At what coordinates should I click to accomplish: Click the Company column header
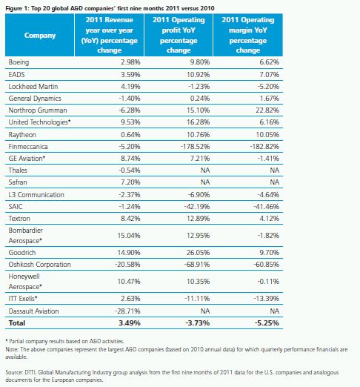[40, 36]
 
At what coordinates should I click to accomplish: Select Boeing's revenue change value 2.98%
[130, 62]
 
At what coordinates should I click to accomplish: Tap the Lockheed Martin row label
[33, 87]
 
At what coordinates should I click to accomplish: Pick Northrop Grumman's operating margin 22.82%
[267, 110]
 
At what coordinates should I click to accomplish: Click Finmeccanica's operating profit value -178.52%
[195, 147]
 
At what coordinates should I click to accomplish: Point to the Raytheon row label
[22, 135]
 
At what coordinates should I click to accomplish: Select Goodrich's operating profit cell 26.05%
[198, 253]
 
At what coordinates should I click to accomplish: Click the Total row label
[17, 323]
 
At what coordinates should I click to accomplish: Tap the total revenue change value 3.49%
[130, 323]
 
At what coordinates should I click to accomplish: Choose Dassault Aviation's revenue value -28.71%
[127, 311]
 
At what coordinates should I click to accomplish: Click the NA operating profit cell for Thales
[205, 171]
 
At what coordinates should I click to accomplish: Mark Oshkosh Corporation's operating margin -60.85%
[266, 265]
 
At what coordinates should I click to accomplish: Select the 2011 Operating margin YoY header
[248, 35]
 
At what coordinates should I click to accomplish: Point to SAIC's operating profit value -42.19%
[197, 206]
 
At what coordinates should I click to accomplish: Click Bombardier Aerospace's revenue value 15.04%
[129, 235]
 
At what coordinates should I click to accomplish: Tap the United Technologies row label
[39, 122]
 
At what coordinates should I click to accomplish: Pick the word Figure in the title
[13, 8]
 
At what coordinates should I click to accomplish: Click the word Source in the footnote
[14, 372]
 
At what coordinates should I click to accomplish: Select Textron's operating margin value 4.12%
[269, 219]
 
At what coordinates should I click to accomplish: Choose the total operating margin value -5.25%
[267, 323]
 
